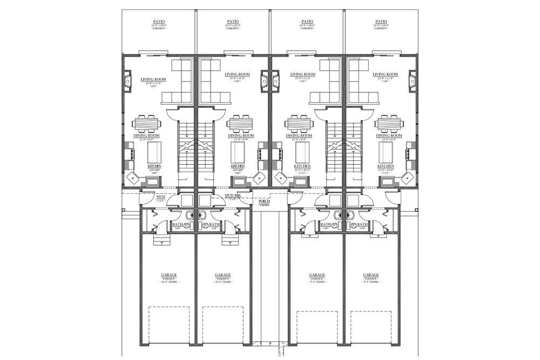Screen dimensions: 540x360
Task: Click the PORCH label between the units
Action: [264, 201]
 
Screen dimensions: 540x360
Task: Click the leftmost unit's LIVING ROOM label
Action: [153, 80]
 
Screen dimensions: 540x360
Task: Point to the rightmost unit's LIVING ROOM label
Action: [386, 74]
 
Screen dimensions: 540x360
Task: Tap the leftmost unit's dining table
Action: [146, 124]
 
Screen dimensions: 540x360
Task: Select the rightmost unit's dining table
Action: [389, 124]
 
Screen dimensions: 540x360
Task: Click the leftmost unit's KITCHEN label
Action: [154, 166]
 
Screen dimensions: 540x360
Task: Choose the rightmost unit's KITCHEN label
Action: [386, 166]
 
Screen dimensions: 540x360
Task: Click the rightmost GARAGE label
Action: [371, 275]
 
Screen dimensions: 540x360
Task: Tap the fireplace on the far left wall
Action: [128, 81]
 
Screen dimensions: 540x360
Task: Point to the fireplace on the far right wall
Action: [413, 81]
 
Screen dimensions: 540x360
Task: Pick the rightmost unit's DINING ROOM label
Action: [389, 135]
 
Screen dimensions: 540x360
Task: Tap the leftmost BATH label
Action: [177, 224]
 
